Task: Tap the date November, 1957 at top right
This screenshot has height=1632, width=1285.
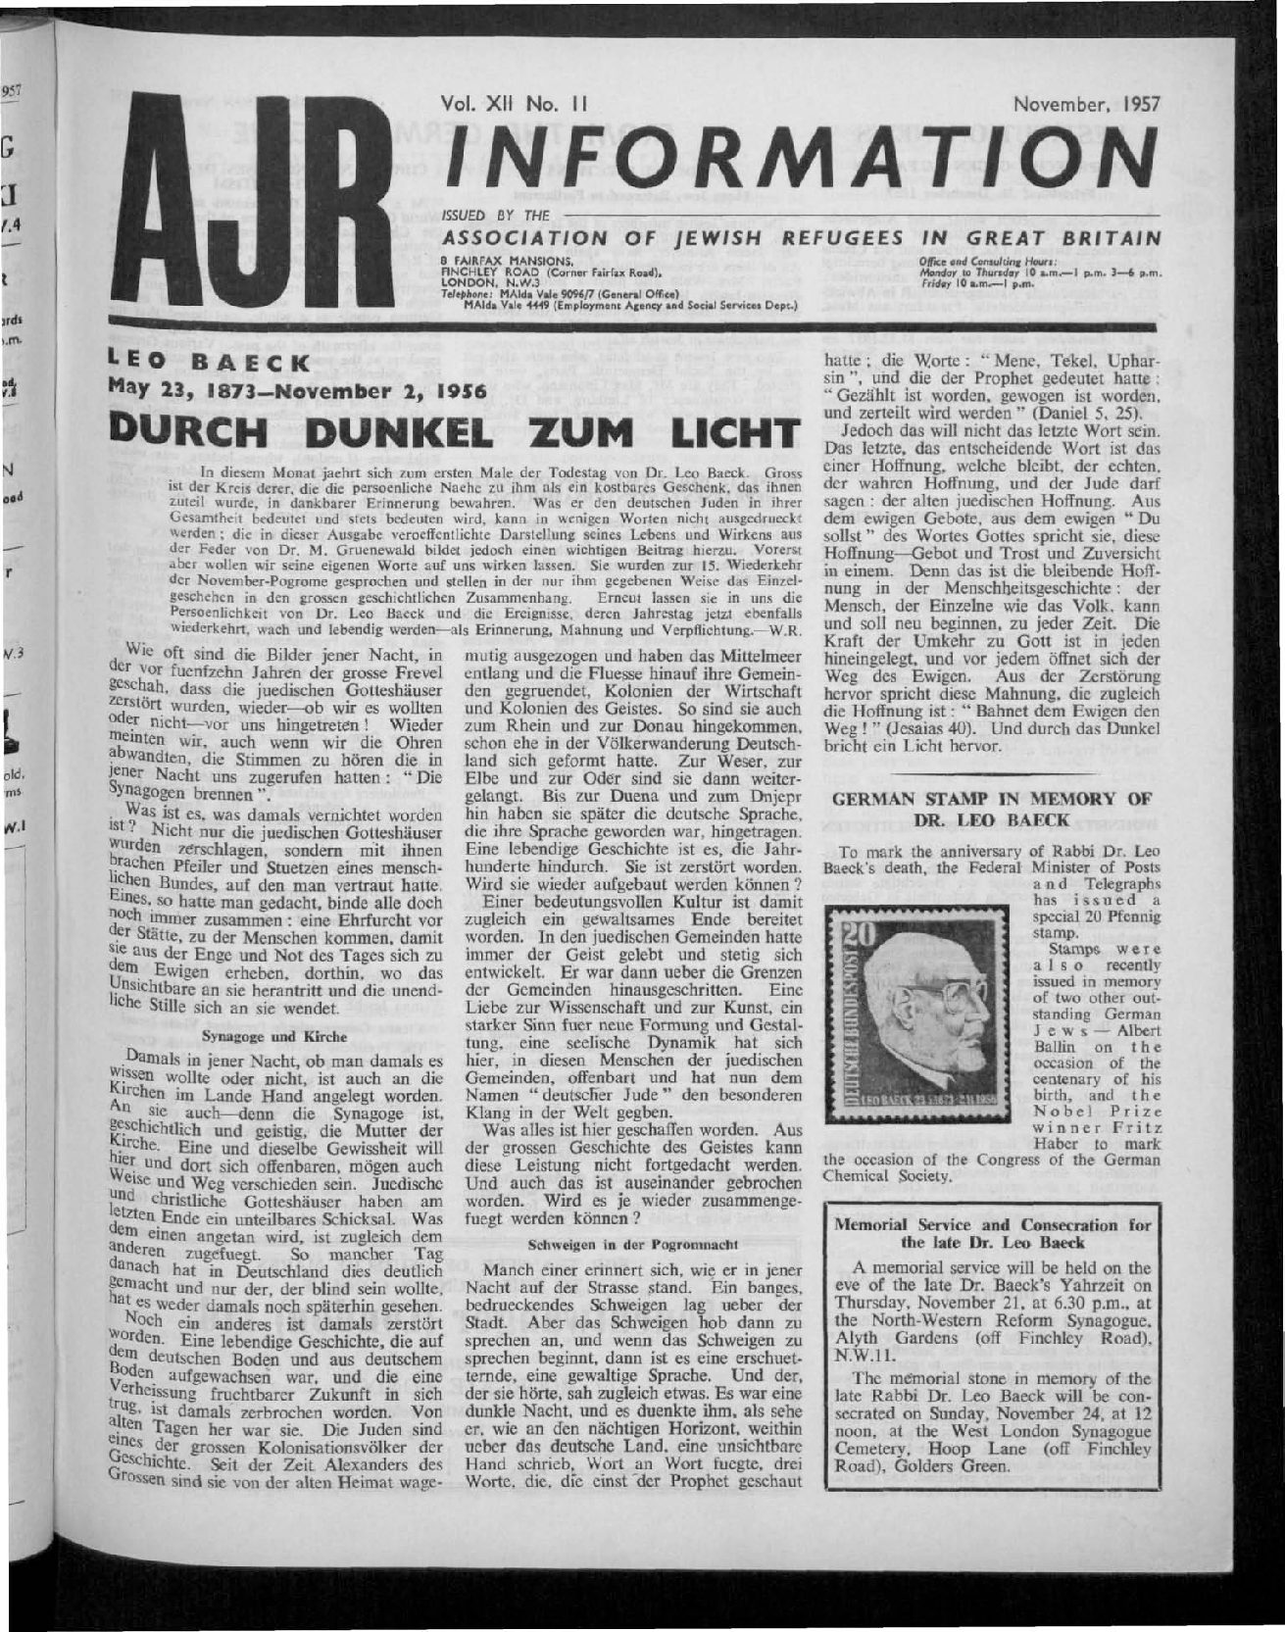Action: click(x=1087, y=102)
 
